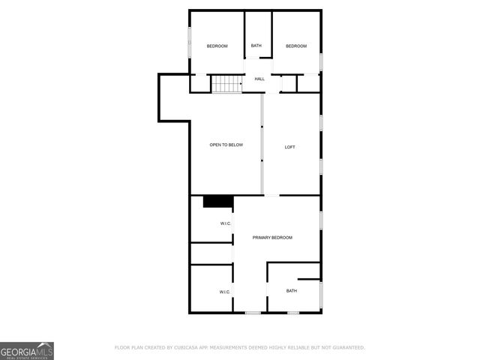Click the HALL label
click(x=259, y=79)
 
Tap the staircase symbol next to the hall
click(x=226, y=84)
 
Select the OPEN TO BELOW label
click(x=226, y=145)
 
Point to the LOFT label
click(x=289, y=147)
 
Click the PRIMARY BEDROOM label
click(x=272, y=238)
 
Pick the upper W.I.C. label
click(x=225, y=224)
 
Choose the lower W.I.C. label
click(x=224, y=292)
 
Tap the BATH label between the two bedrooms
click(x=256, y=46)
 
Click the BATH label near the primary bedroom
click(x=291, y=291)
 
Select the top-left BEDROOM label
click(x=217, y=46)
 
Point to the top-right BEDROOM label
click(x=296, y=46)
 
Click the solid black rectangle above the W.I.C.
click(x=218, y=201)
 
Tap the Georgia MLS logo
click(x=27, y=350)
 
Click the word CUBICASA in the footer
click(x=184, y=348)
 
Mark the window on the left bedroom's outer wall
click(x=189, y=41)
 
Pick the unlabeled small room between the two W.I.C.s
click(x=211, y=253)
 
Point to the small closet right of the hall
click(x=308, y=83)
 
